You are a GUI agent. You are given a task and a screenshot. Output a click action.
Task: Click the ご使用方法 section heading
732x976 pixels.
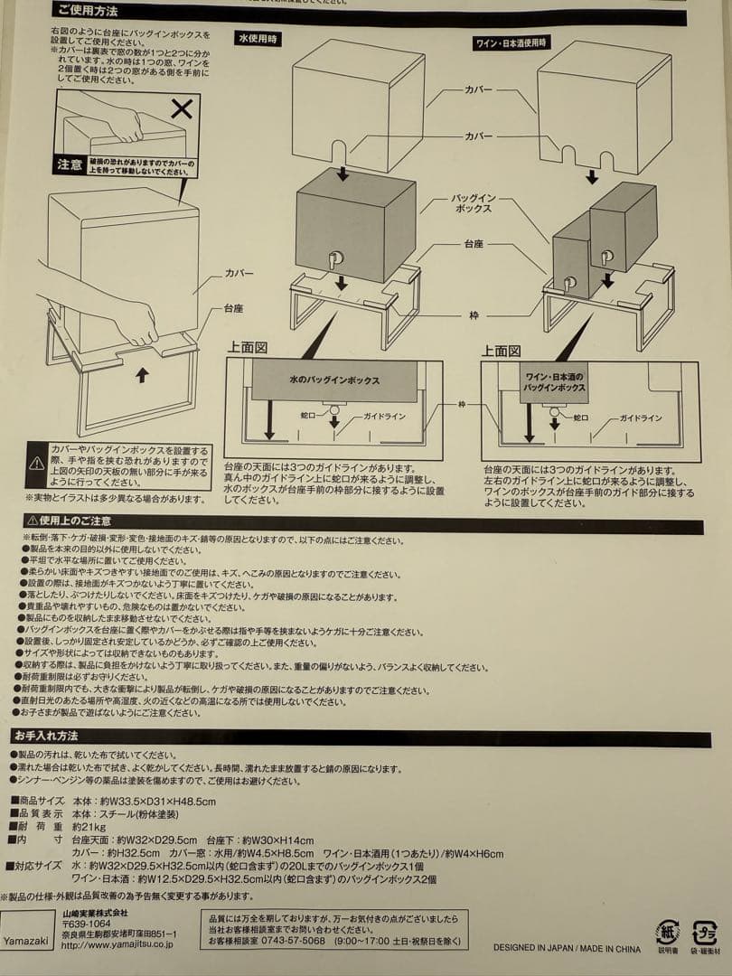pyautogui.click(x=87, y=12)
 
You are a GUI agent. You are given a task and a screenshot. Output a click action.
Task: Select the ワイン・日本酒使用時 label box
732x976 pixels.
pyautogui.click(x=511, y=43)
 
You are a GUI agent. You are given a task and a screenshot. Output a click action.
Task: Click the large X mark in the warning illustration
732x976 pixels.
pyautogui.click(x=182, y=109)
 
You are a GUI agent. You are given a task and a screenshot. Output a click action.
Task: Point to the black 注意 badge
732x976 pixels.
pyautogui.click(x=70, y=165)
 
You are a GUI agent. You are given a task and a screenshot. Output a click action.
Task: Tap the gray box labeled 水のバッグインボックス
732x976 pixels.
pyautogui.click(x=334, y=380)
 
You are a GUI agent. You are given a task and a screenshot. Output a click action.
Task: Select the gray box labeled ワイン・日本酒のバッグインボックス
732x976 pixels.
pyautogui.click(x=554, y=381)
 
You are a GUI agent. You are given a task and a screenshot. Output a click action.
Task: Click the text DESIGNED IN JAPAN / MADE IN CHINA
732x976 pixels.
pyautogui.click(x=567, y=949)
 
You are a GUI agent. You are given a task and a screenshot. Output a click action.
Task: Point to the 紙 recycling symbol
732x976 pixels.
pyautogui.click(x=668, y=932)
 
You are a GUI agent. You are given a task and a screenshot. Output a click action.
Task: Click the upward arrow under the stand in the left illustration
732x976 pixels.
pyautogui.click(x=141, y=375)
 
